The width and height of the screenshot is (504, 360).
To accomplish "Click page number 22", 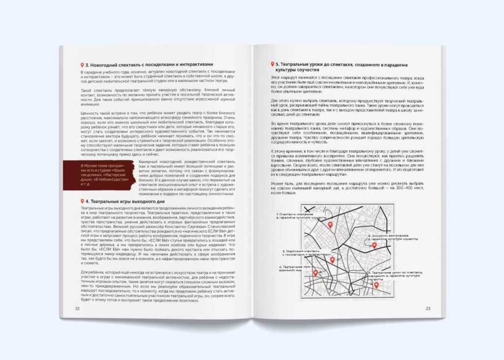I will [77, 308].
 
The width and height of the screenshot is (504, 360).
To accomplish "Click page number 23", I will [428, 308].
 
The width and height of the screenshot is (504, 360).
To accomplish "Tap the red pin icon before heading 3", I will [82, 65].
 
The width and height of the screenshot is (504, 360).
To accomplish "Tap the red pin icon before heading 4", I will [82, 201].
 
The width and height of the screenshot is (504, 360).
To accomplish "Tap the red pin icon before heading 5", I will [272, 64].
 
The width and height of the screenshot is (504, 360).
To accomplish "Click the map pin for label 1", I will [330, 225].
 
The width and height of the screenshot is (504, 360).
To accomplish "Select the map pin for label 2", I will [374, 245].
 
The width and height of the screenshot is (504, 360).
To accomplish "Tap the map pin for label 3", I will [332, 260].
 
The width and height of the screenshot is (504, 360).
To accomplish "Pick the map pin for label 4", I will [315, 273].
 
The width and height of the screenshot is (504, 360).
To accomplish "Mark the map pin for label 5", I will [377, 285].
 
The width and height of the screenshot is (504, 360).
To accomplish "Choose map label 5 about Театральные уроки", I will [394, 274].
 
